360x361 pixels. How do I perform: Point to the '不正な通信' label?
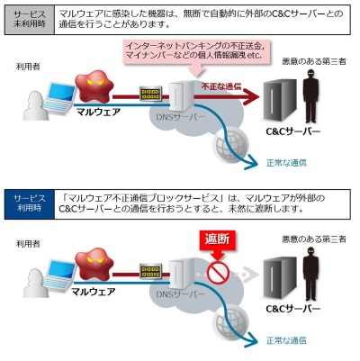pos(222,87)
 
